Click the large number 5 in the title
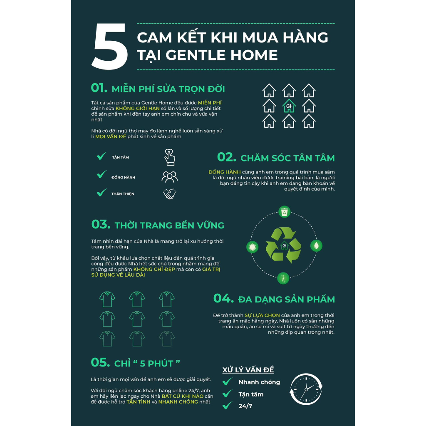coord(110,46)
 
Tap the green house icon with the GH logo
coord(289,106)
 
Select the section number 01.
coord(99,88)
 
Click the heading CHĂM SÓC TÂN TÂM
coord(287,158)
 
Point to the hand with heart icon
coord(170,157)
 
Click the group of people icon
coord(170,177)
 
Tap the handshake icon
coord(170,194)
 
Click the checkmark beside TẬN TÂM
coord(102,156)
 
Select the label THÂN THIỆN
coord(123,194)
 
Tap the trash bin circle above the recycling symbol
coord(284,212)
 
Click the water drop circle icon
coord(316,245)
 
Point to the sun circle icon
coord(252,247)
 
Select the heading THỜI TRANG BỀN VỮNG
coord(169,225)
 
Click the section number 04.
coord(223,298)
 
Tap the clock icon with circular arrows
coord(306,389)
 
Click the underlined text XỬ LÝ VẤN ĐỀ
coord(248,370)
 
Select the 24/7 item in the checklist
coord(245,406)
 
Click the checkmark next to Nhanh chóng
coord(228,381)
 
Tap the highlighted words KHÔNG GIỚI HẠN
coord(137,109)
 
